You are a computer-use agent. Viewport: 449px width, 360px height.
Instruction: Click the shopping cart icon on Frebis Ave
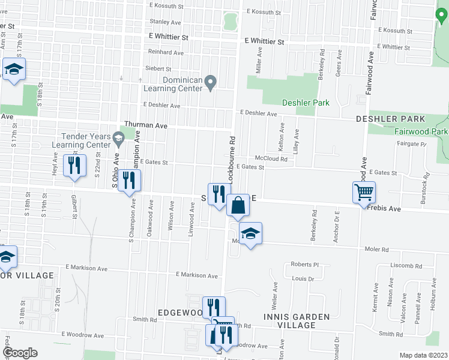[x=364, y=193]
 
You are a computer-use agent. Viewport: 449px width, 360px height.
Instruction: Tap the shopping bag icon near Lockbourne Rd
[x=238, y=206]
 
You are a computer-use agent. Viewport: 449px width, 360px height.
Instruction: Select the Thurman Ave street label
[x=145, y=124]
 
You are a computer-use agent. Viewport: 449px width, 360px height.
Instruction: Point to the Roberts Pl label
[x=303, y=264]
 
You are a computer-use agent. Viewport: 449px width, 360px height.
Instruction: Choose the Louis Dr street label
[x=303, y=278]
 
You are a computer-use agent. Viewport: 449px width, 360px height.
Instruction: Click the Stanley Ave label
[x=161, y=22]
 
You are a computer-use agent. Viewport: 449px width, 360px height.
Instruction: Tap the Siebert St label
[x=158, y=69]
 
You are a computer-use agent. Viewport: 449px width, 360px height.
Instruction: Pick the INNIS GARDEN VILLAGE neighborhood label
[x=296, y=320]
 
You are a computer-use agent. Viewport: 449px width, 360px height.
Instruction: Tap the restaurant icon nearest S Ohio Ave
[x=129, y=181]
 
